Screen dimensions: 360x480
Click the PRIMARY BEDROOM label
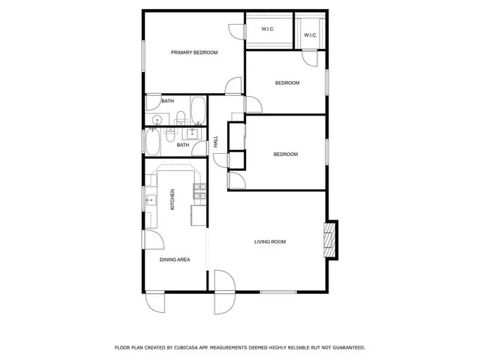194,52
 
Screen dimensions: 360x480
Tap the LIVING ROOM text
270,241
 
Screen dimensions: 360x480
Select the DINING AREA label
175,259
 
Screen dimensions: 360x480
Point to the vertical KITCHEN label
172,199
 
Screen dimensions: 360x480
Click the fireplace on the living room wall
328,238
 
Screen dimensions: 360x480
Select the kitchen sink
151,200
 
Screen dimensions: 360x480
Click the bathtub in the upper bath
199,111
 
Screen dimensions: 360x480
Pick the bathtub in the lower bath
153,140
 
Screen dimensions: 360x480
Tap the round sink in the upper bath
157,120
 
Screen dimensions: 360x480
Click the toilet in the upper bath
181,117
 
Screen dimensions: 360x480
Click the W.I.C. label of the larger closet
268,29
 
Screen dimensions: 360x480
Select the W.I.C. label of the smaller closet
310,34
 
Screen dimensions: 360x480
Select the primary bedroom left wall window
143,55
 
